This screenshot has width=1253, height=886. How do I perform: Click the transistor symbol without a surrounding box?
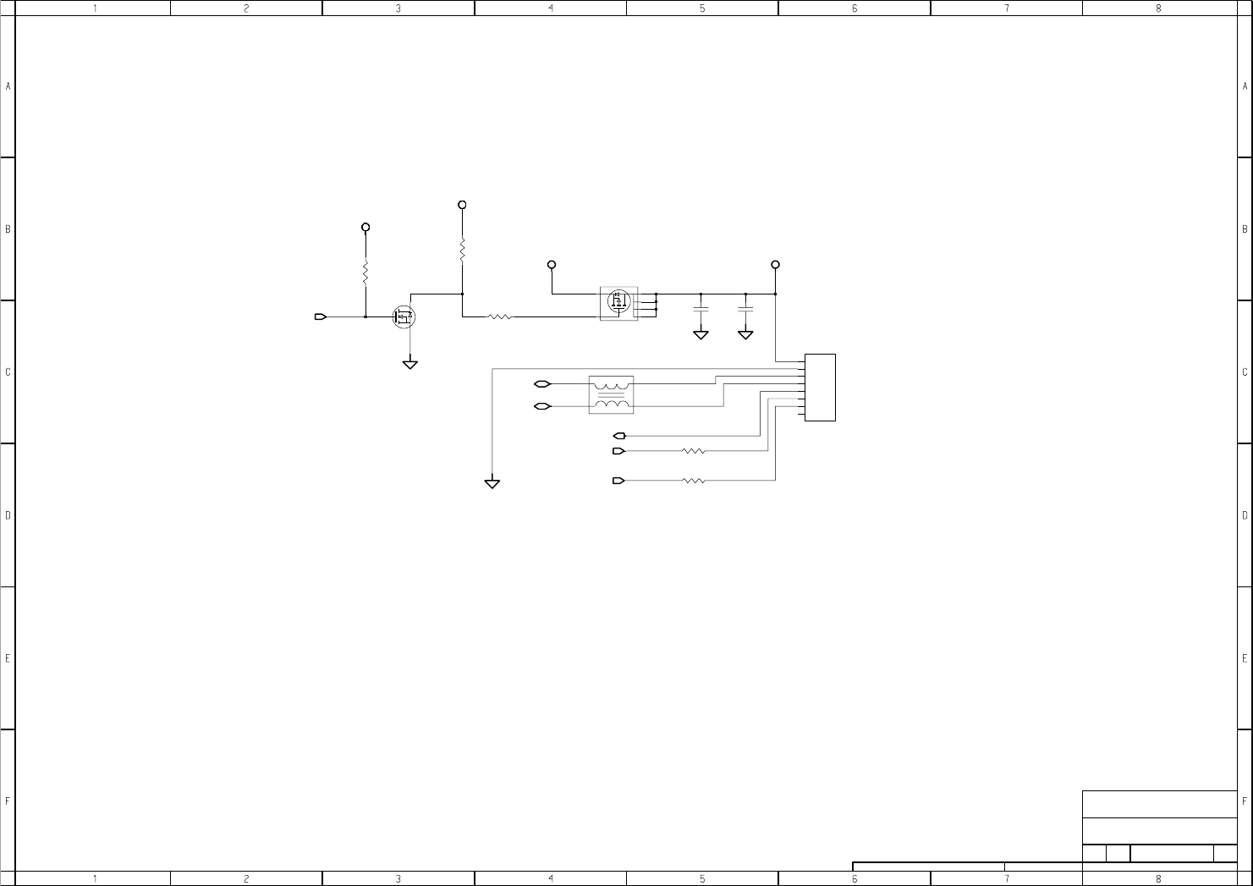click(404, 317)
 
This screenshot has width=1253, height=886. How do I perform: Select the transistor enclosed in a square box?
click(618, 302)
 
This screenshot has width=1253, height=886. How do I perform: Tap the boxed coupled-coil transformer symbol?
click(611, 394)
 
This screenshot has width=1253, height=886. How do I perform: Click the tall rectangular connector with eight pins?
click(820, 388)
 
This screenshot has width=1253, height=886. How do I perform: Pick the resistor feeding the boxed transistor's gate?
click(500, 317)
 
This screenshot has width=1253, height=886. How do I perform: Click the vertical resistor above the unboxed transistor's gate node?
click(365, 272)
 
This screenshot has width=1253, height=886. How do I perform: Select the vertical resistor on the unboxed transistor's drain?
click(462, 250)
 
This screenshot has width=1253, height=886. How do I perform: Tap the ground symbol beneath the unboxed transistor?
click(410, 365)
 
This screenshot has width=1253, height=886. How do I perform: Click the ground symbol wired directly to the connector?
click(492, 483)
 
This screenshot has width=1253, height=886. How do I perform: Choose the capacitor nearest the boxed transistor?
click(701, 309)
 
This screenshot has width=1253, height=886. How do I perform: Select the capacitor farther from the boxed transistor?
click(745, 309)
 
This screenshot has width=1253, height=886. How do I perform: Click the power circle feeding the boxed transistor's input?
click(552, 265)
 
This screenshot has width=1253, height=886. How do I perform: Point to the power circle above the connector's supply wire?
click(775, 265)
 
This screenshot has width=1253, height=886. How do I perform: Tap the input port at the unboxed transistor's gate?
click(321, 317)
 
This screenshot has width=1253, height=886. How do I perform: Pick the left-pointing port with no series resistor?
click(618, 436)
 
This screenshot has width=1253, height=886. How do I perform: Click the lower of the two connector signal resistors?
click(694, 481)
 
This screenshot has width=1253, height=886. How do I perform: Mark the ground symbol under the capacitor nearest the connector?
click(745, 335)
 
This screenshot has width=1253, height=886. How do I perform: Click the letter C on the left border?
click(8, 372)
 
